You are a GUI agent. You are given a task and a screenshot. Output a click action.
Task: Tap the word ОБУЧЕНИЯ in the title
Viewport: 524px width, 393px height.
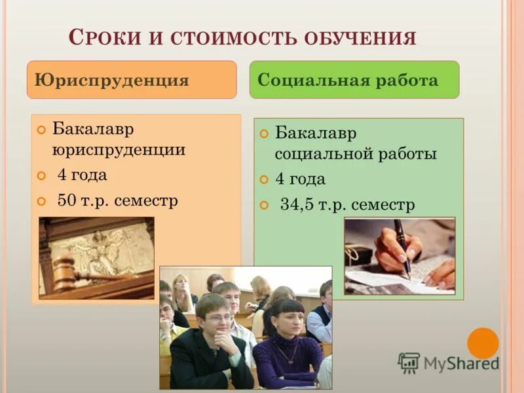(360, 37)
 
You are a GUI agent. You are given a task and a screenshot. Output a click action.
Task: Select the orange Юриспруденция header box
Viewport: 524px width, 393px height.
(132, 80)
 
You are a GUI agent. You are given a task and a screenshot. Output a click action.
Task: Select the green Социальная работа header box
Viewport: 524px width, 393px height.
(354, 80)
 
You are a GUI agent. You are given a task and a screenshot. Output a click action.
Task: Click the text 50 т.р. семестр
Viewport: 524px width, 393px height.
(117, 200)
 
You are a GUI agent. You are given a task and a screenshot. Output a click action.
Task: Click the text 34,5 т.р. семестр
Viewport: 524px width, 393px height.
(347, 205)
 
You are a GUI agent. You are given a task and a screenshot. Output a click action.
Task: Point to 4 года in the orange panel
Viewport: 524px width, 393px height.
(82, 175)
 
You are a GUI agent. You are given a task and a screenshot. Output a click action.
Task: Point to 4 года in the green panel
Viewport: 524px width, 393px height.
(300, 179)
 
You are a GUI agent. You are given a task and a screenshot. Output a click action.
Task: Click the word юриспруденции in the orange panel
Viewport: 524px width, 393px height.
(119, 150)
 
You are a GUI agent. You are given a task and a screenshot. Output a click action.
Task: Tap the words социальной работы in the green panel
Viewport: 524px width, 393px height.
(356, 155)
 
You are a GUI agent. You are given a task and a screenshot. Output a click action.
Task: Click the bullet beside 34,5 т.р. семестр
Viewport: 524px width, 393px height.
(264, 206)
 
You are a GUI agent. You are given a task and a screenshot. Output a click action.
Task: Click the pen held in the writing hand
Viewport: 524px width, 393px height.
(402, 246)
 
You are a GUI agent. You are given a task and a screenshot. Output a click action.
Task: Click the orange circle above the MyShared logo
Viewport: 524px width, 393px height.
(483, 343)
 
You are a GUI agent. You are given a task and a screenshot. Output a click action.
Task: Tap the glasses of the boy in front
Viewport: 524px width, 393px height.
(217, 318)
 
